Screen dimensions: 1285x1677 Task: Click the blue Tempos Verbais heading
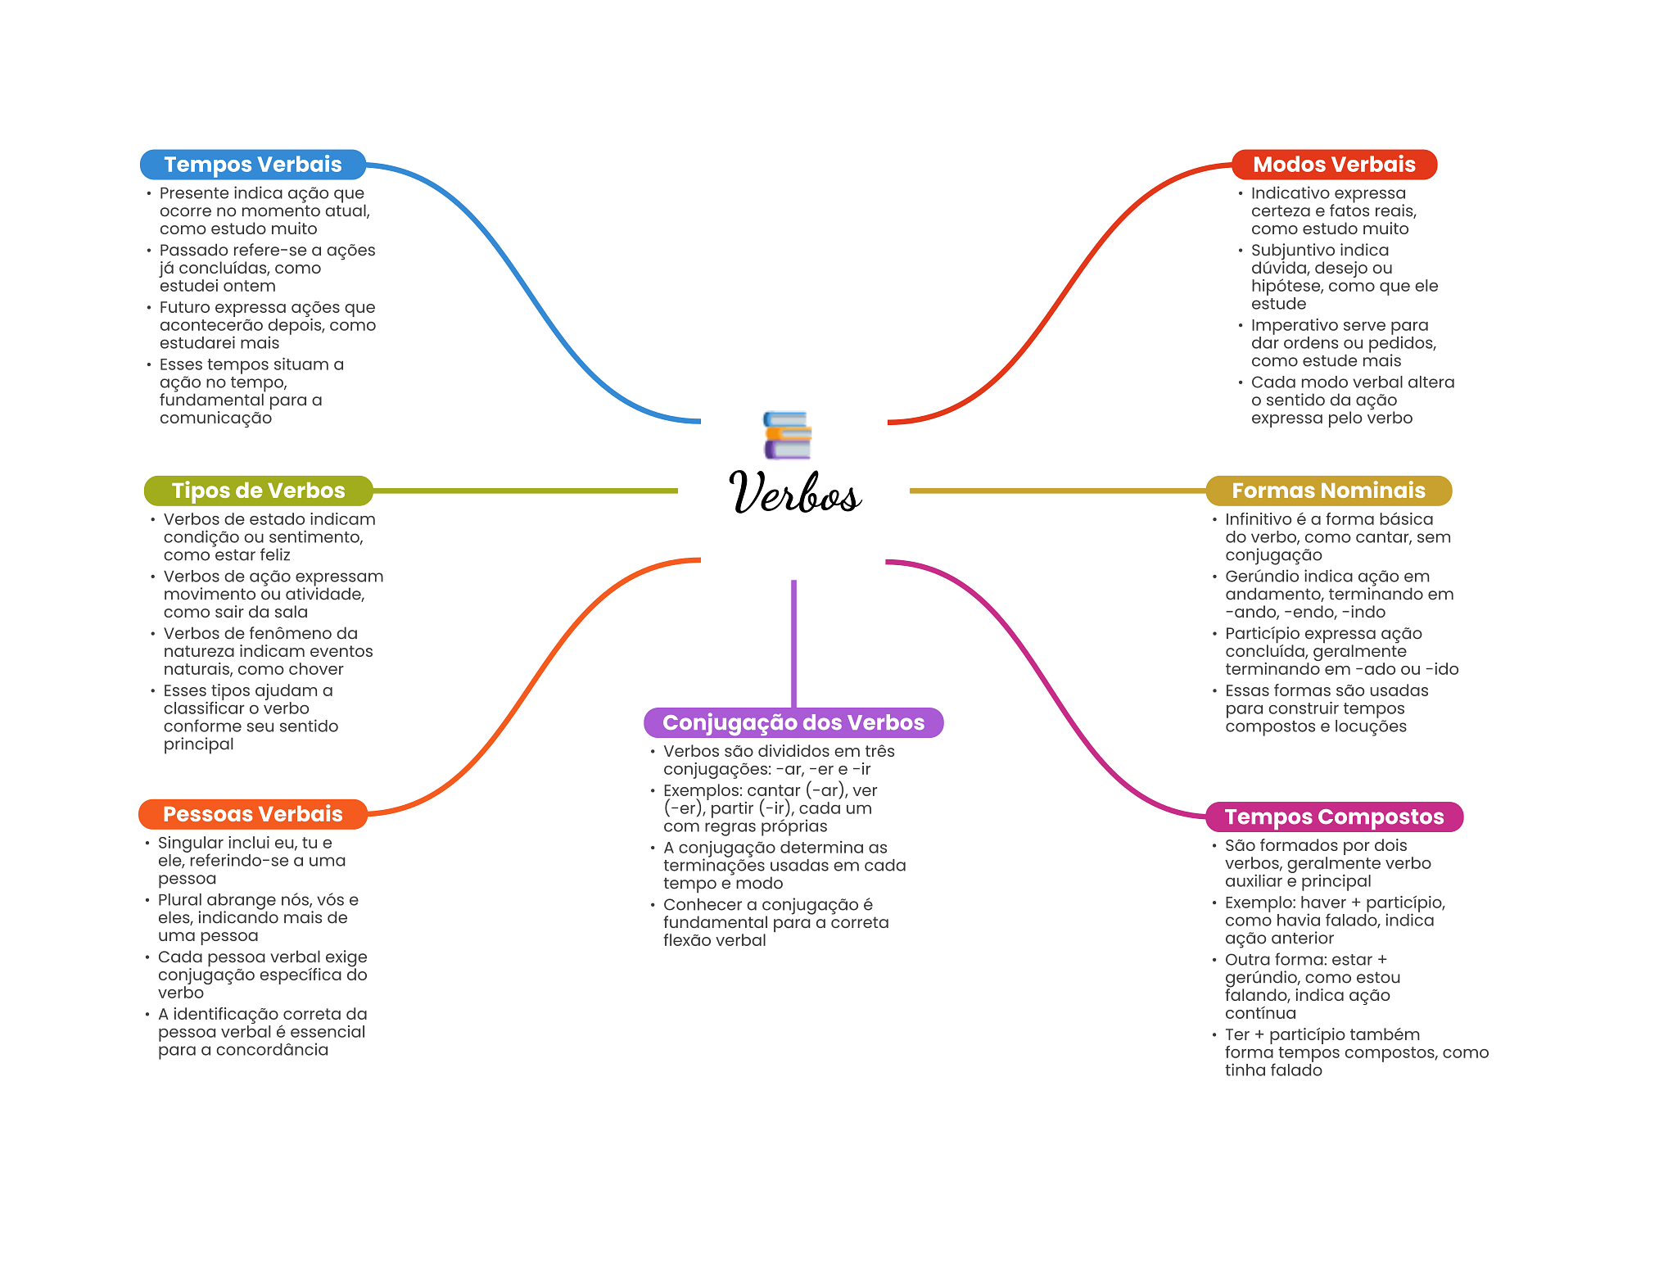pyautogui.click(x=252, y=165)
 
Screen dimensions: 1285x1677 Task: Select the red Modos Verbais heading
pyautogui.click(x=1333, y=165)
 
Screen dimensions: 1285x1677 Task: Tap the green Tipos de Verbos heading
pyautogui.click(x=258, y=491)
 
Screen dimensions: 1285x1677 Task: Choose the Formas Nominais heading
pyautogui.click(x=1327, y=491)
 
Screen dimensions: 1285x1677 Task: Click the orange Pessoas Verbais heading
pyautogui.click(x=252, y=814)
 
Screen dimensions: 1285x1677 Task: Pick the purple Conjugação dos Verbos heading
pyautogui.click(x=793, y=722)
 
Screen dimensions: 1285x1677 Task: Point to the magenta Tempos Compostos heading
pyautogui.click(x=1333, y=817)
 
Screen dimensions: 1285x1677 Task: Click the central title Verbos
pyautogui.click(x=793, y=492)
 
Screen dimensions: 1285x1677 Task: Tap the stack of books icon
pyautogui.click(x=787, y=435)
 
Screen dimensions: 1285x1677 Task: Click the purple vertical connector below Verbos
pyautogui.click(x=793, y=643)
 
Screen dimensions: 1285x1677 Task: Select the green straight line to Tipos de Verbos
pyautogui.click(x=524, y=491)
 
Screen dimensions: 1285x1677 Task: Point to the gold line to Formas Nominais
pyautogui.click(x=1056, y=491)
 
